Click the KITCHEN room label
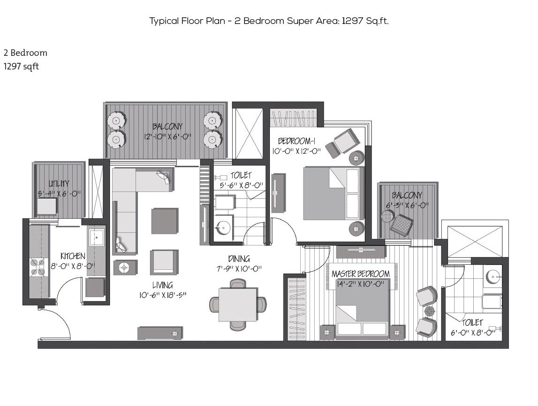(73, 256)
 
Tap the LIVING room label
(163, 285)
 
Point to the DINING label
(239, 259)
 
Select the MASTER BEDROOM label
(361, 274)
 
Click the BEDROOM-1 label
(297, 141)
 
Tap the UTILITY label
(59, 184)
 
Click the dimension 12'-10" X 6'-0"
(167, 137)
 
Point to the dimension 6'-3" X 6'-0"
(407, 206)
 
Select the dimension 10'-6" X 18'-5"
(163, 295)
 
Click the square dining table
(238, 305)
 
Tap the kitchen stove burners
(38, 267)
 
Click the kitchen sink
(97, 237)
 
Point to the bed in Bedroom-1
(333, 193)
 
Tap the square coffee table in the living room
(165, 221)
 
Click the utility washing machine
(46, 207)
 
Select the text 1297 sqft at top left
(21, 66)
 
